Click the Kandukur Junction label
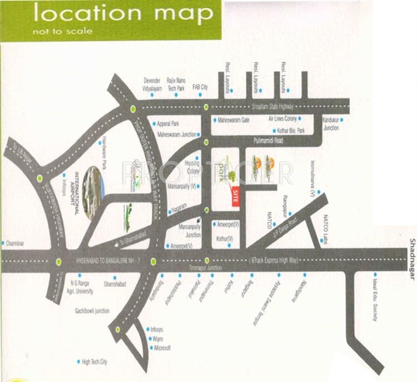tap(331, 124)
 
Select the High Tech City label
tap(95, 362)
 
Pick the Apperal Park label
tap(168, 123)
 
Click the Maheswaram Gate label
tap(234, 120)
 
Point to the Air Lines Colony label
tap(283, 119)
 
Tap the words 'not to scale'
tap(62, 31)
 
